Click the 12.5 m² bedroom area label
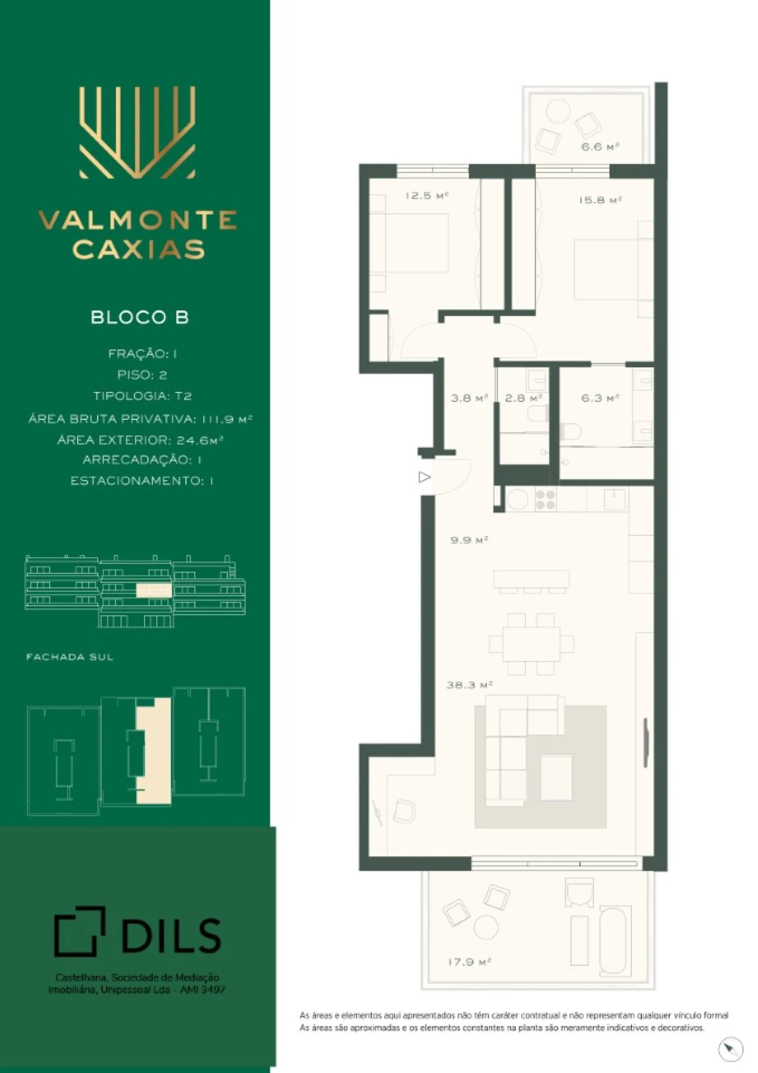pos(427,195)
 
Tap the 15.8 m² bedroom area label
pos(600,200)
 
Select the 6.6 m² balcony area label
pos(600,146)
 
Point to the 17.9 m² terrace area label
pos(470,962)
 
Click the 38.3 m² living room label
pos(470,685)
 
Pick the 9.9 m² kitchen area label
pos(469,540)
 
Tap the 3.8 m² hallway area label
pos(469,398)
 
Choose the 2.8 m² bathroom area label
pos(523,398)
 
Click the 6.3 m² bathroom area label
pos(600,398)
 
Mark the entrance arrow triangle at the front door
pos(424,477)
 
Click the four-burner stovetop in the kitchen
pos(545,500)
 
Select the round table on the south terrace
pos(486,927)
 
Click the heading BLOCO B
pos(140,317)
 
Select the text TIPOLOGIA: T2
pos(142,396)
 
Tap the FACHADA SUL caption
pos(69,657)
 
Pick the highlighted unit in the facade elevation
pos(153,590)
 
